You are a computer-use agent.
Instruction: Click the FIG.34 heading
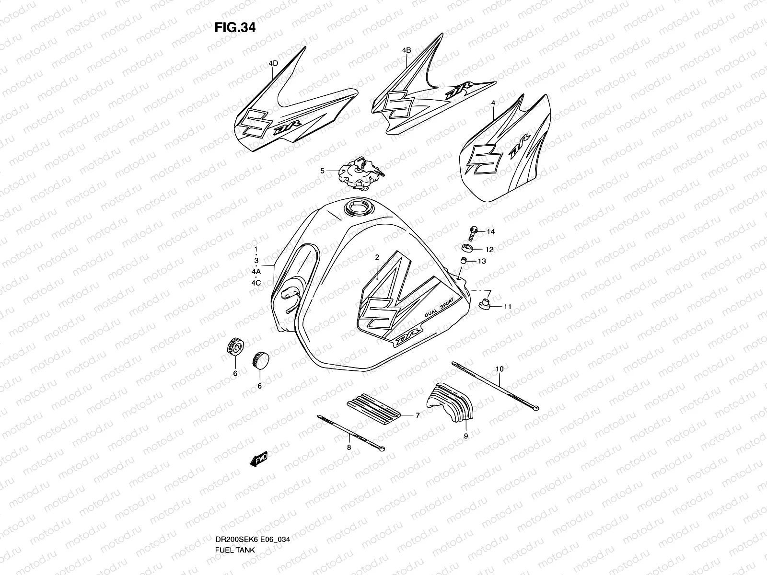[235, 27]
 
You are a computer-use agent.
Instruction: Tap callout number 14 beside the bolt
[490, 232]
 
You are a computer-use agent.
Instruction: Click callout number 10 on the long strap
[500, 369]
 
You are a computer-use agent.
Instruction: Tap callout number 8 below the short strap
[349, 447]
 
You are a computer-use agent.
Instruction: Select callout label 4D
[273, 63]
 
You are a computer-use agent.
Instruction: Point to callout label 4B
[407, 50]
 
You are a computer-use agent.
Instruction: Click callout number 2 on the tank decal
[377, 257]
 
